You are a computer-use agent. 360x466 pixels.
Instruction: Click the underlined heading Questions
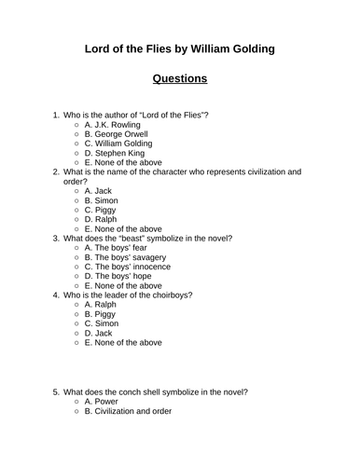coord(179,79)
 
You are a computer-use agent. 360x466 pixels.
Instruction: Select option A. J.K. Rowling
coord(111,124)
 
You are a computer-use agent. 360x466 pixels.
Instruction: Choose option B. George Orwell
coord(115,134)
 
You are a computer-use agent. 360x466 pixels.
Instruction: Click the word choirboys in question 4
coord(170,296)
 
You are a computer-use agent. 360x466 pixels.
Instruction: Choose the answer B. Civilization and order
coord(129,410)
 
